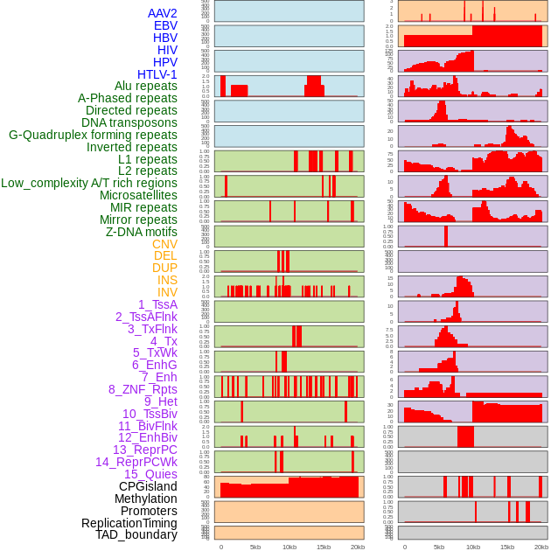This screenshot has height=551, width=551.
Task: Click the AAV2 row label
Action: pos(162,13)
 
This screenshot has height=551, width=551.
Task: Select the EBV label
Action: pos(165,25)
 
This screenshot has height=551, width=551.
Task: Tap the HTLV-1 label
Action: pos(157,74)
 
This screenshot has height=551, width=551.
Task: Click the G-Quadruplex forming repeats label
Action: pos(93,135)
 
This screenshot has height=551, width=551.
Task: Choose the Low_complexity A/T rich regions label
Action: pos(89,183)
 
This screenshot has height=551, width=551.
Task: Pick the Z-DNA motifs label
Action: pos(142,232)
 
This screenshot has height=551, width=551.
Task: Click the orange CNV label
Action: pos(164,244)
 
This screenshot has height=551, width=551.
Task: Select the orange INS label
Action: pos(167,280)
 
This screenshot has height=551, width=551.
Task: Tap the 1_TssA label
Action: pos(157,304)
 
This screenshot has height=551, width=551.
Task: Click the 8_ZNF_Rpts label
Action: pos(143,389)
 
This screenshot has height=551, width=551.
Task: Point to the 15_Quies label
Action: pos(149,474)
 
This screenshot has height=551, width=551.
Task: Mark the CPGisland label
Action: pos(148,486)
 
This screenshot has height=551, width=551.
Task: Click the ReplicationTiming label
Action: pos(129,523)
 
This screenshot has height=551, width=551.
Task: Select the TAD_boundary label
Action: pos(136,534)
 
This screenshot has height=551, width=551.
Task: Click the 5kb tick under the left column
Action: pos(255,547)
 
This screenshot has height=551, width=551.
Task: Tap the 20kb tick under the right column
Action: pos(541,547)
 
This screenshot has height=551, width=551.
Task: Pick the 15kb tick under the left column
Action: pos(324,547)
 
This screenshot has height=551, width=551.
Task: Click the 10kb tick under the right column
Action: pos(473,547)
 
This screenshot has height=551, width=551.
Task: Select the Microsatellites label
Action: pos(138,195)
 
